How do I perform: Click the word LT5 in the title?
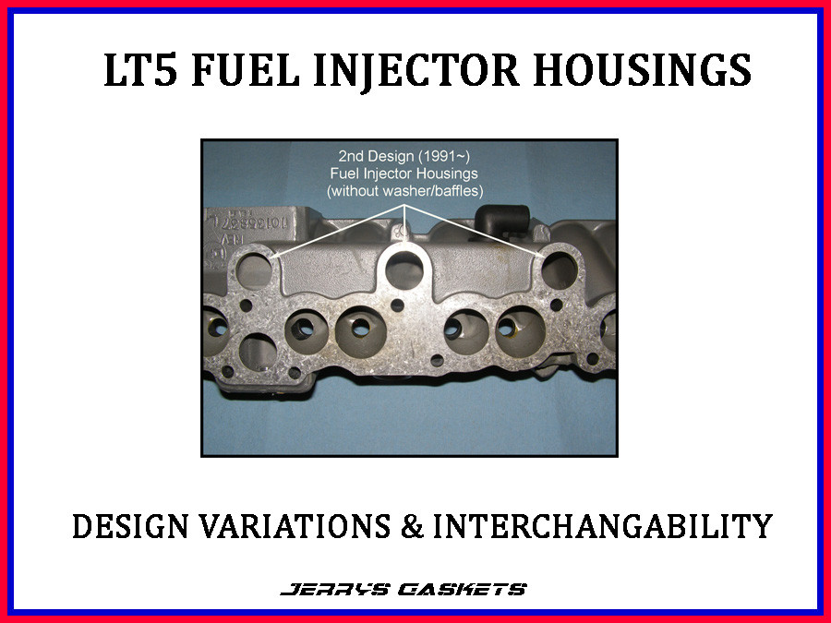click(x=139, y=71)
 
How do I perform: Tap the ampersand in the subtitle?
click(x=413, y=526)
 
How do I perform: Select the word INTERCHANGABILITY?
click(x=602, y=526)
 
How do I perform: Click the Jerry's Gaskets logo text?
click(x=403, y=589)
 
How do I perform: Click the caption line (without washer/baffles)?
click(x=406, y=190)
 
